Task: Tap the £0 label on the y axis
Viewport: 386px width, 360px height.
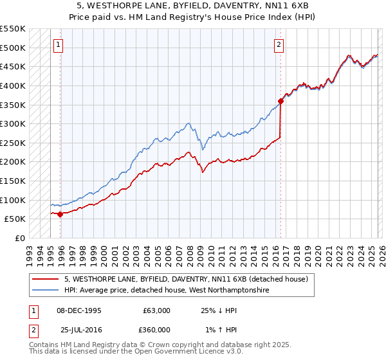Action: click(19, 238)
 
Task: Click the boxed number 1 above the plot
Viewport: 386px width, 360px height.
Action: click(59, 45)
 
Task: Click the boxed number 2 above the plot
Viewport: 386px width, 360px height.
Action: click(279, 45)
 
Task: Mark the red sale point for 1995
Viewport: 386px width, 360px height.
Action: click(60, 214)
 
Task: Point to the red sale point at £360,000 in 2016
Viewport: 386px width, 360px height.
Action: click(281, 100)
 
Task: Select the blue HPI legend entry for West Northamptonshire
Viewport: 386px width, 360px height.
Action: click(166, 291)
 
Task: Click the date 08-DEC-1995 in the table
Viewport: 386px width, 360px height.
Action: click(79, 310)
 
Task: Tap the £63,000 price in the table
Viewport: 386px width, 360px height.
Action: click(156, 310)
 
